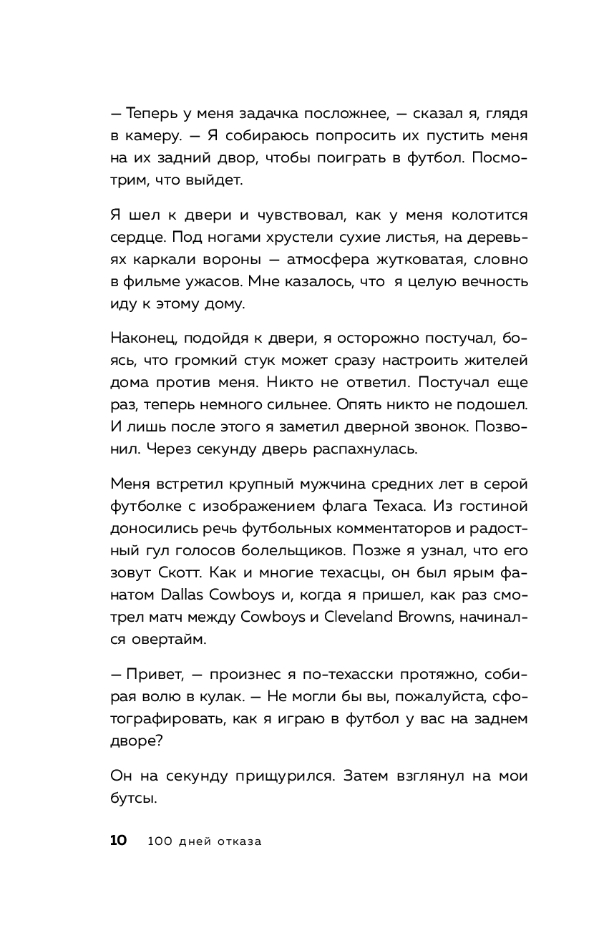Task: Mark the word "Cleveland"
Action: click(x=361, y=619)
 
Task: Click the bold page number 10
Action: click(x=119, y=841)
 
